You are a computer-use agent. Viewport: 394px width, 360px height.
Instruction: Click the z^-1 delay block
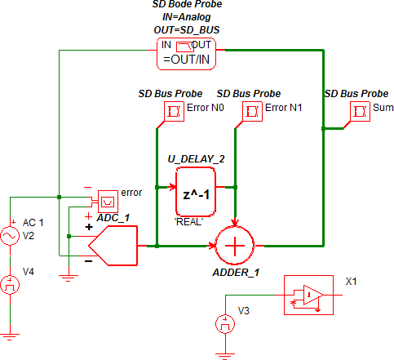pos(196,192)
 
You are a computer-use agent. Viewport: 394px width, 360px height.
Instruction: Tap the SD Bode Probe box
pos(186,54)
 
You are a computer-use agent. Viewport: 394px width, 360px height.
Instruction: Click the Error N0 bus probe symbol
pos(174,111)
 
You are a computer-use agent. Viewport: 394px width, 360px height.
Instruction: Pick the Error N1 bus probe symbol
pos(252,111)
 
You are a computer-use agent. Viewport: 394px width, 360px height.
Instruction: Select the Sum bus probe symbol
pos(360,111)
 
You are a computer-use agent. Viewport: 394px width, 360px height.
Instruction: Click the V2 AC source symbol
pos(10,236)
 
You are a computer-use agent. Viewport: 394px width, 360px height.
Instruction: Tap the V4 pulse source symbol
pos(10,285)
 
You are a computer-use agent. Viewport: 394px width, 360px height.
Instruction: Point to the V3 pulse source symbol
pos(225,324)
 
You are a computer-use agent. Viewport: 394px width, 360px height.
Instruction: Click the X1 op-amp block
pos(308,296)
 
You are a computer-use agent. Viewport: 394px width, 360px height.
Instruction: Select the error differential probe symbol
pos(108,202)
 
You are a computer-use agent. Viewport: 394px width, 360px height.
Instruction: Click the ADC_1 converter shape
pos(113,246)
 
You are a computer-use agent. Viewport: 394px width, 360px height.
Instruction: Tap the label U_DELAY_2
pos(196,159)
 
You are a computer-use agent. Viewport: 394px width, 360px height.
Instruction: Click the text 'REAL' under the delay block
pos(188,222)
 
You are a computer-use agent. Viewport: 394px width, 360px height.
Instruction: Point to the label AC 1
pos(33,223)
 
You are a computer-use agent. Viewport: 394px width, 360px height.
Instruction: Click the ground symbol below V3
pos(225,356)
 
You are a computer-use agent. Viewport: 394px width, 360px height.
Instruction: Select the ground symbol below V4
pos(10,337)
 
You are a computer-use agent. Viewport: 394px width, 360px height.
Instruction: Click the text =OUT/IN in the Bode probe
pos(187,60)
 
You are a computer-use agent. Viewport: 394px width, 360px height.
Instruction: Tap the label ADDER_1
pos(236,273)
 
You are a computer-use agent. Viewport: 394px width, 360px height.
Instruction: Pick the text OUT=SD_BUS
pos(187,30)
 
